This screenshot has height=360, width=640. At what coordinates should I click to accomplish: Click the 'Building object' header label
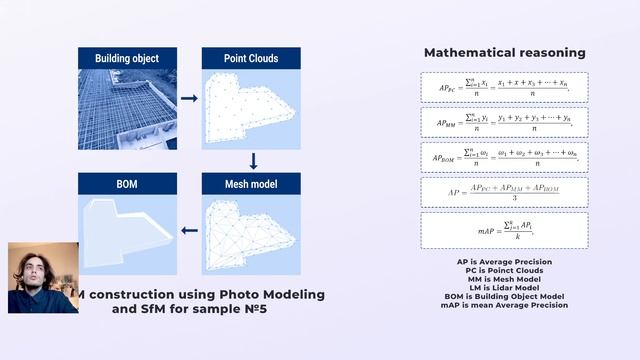coord(127,59)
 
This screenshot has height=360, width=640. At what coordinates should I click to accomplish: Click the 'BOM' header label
coord(127,184)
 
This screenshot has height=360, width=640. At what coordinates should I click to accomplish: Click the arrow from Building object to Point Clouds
coord(188,99)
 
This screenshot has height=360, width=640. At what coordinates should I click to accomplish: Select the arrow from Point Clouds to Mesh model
coord(253,160)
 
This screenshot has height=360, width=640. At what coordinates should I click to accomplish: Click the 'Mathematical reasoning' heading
coord(505,52)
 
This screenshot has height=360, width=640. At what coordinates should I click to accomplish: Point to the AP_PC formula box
coord(505,87)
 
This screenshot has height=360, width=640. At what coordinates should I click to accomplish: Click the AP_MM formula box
coord(505,122)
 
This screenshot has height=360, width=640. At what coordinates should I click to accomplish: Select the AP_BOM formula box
coord(505,157)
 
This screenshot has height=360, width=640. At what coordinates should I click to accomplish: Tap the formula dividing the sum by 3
coord(505,192)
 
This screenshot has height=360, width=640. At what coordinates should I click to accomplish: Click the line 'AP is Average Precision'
coord(505,262)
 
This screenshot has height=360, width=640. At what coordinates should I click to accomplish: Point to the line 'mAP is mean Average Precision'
coord(505,304)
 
